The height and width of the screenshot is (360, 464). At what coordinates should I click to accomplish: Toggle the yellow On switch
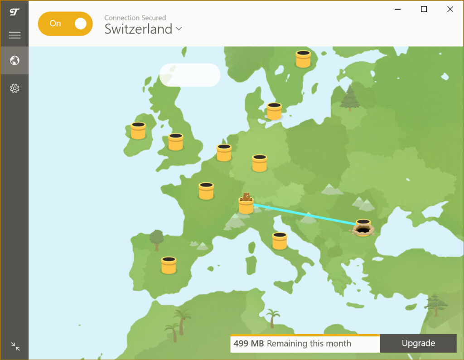point(65,24)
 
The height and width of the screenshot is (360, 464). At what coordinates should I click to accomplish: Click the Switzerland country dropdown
point(143,29)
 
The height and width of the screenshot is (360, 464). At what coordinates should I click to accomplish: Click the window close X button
point(450,9)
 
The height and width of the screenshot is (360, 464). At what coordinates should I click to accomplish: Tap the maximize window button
point(424,9)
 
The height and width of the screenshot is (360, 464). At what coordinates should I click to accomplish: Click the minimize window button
point(397,9)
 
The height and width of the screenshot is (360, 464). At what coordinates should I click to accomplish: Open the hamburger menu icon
point(14,35)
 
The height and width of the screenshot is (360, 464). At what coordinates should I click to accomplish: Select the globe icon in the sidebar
point(14,60)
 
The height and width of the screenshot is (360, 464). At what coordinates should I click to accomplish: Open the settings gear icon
point(14,88)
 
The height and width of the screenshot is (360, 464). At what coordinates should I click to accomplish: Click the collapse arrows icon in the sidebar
point(15,347)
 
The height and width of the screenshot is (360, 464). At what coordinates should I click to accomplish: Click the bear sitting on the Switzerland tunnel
point(246,197)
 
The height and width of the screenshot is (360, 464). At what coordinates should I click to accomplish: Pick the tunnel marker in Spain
point(169,265)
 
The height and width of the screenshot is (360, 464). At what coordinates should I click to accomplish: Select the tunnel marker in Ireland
point(138,131)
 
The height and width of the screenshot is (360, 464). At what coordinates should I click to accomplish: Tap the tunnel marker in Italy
point(280,241)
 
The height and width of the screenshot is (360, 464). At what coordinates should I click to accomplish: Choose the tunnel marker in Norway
point(303,59)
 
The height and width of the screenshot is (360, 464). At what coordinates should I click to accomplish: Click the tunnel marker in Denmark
point(274,111)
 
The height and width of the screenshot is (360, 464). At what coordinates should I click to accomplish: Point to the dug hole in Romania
point(362,229)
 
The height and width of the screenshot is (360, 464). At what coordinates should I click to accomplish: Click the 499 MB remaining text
point(292,344)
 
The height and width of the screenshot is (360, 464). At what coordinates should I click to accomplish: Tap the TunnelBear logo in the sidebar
point(14,11)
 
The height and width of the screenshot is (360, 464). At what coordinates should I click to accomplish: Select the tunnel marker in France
point(206,191)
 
